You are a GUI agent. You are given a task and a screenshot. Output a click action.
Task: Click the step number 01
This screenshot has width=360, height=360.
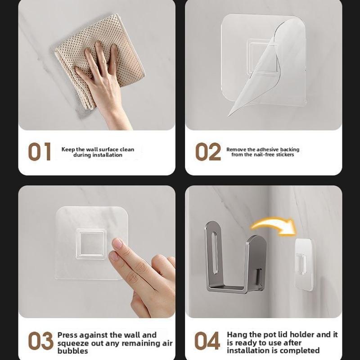coord(40,152)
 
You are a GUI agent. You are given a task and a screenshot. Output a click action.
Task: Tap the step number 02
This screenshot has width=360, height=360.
coord(208,152)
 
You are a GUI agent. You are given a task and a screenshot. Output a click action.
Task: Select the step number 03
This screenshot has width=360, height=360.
coord(40,341)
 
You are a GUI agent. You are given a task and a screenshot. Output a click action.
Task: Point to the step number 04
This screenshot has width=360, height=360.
coord(207,341)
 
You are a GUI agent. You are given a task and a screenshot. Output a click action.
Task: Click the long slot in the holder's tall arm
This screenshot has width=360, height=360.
coord(214,253)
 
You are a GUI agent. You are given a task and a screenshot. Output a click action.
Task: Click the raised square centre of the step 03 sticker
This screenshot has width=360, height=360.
coord(92,243)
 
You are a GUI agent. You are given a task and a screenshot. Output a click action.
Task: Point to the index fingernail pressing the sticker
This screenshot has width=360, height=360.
coord(117,243)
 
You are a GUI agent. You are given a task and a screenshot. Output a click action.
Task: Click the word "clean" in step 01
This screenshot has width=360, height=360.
coord(127,149)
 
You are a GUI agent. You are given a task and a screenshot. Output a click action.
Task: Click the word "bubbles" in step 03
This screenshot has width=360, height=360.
coord(73,351)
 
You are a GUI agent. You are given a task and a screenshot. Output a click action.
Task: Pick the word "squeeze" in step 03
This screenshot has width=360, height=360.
coord(73,344)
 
